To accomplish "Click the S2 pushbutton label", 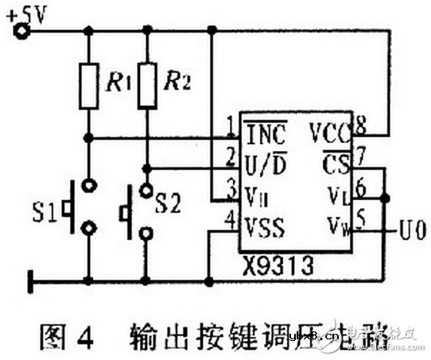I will point(169,203).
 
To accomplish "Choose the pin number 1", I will point(230,125).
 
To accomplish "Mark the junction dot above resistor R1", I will point(89,33).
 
